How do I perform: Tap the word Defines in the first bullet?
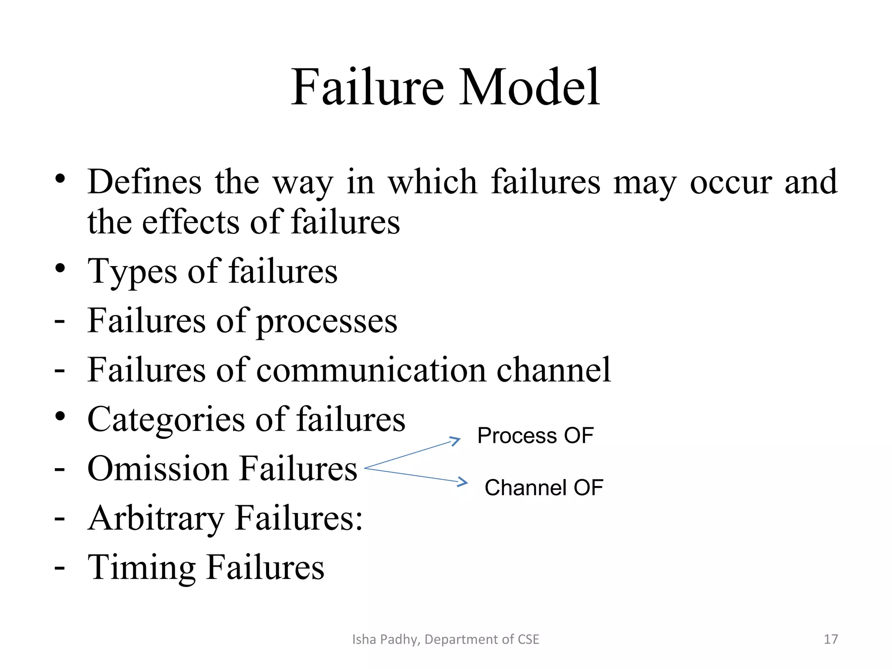(x=145, y=182)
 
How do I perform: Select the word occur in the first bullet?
(x=731, y=182)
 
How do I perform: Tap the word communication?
(x=371, y=370)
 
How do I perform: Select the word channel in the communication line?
(x=554, y=370)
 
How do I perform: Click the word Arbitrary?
(x=156, y=518)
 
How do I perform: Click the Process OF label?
(x=535, y=436)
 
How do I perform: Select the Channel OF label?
(x=544, y=487)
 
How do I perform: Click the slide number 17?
(x=831, y=639)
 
